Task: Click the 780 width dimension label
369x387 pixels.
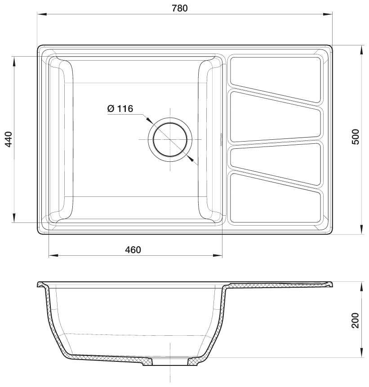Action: tap(180, 8)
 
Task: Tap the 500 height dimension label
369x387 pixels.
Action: tap(356, 137)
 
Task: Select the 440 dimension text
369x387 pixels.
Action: tap(9, 139)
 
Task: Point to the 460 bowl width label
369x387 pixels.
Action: tap(133, 250)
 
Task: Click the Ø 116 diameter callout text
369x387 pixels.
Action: tap(120, 109)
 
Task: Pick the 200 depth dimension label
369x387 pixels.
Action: tap(355, 320)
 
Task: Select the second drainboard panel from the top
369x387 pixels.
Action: tap(276, 117)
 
